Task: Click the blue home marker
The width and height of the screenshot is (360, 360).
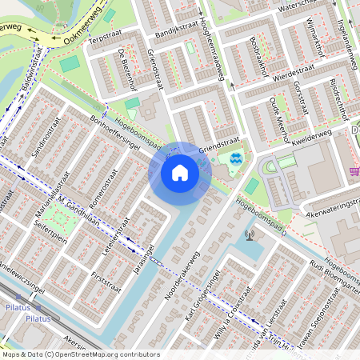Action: (x=180, y=173)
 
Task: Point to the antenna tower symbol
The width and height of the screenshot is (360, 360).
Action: (x=249, y=235)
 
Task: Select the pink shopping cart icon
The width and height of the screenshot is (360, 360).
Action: (x=354, y=170)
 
